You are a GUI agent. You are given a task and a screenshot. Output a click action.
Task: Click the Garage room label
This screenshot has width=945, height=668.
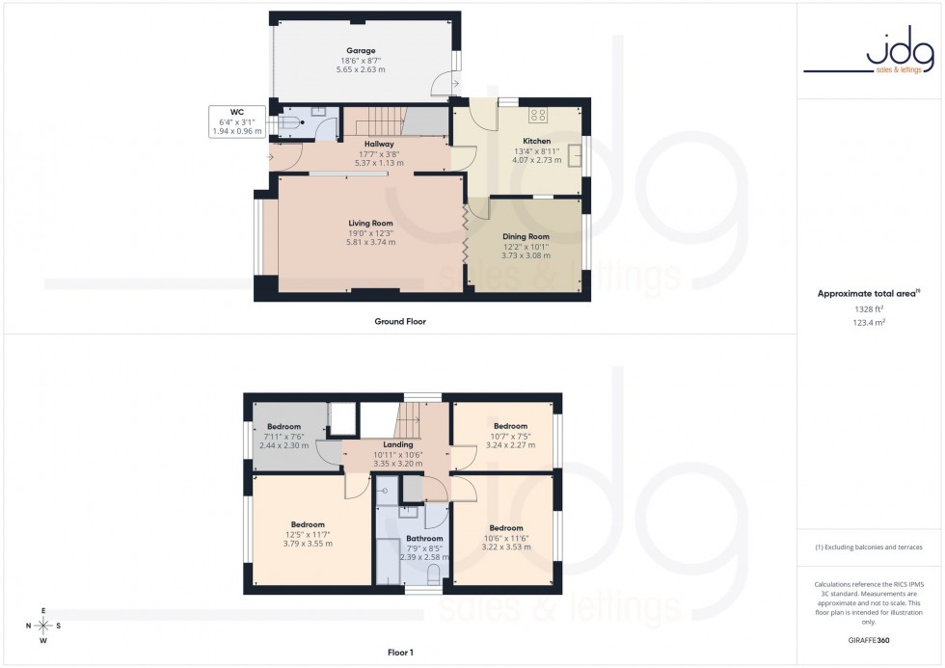point(361,51)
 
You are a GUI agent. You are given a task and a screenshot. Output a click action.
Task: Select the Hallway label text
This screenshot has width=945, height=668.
point(378,145)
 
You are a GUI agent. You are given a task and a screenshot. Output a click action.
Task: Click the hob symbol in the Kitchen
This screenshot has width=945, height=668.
point(538,115)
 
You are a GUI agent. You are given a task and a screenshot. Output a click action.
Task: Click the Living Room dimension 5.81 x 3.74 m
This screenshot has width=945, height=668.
point(370,242)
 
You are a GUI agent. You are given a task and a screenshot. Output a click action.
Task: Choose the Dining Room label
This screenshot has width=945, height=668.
point(526,236)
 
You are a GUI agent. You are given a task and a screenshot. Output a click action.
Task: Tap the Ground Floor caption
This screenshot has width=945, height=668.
point(400,321)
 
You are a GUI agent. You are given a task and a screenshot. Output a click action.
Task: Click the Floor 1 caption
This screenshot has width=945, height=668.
point(399,653)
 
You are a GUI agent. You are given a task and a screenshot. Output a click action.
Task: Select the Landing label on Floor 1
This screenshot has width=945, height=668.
point(397,444)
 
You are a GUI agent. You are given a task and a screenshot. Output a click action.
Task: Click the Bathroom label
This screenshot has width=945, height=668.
point(424,539)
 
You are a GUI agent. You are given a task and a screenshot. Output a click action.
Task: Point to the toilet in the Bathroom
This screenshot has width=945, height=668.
point(432,575)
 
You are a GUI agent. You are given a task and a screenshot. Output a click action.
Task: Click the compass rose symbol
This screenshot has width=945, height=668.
point(44,626)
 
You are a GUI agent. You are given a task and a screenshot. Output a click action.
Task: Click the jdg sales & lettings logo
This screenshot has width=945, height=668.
point(869,54)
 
